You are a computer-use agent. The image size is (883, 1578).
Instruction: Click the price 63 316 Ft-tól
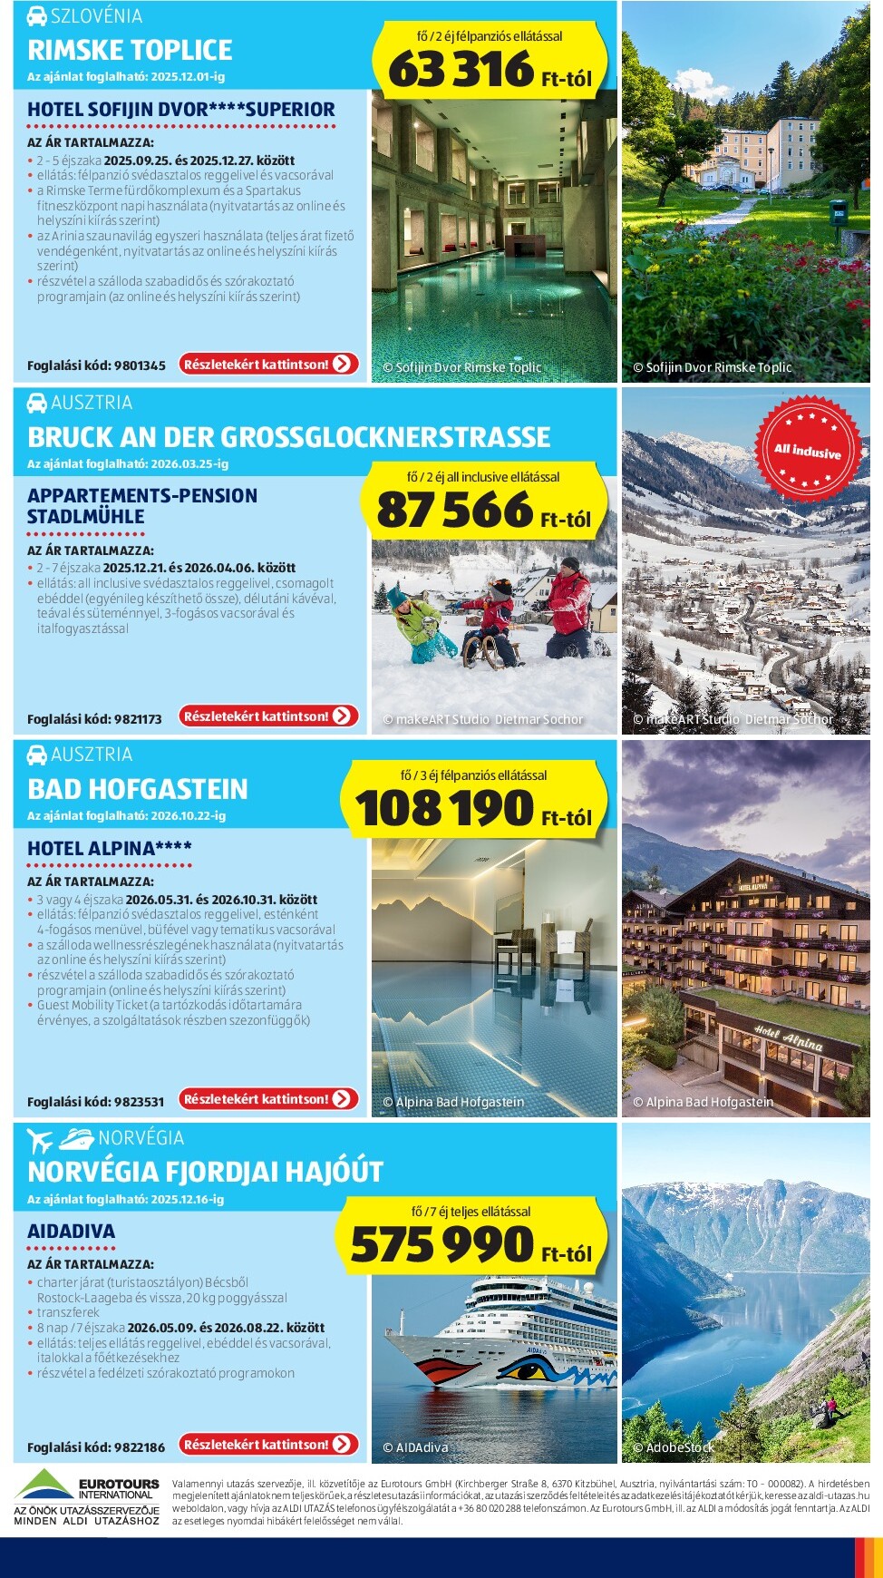(x=490, y=70)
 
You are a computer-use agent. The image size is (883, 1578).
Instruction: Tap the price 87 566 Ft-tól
(x=482, y=511)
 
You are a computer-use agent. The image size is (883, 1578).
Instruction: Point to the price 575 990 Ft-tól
(x=471, y=1245)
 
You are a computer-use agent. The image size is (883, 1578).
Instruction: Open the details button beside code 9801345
(x=268, y=365)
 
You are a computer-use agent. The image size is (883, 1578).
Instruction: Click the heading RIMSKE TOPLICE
(x=130, y=50)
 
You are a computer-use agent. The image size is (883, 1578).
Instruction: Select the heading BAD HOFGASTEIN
(x=137, y=789)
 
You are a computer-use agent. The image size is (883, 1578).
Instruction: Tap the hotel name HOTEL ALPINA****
(x=110, y=849)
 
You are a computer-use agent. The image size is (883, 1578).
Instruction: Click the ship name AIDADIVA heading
(x=71, y=1232)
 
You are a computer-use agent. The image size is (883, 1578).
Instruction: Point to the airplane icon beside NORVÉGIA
(x=40, y=1140)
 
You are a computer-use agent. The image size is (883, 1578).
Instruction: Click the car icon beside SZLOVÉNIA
(x=36, y=16)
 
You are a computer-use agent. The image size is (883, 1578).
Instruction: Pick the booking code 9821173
(x=94, y=719)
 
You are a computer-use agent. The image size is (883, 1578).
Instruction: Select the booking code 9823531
(x=95, y=1102)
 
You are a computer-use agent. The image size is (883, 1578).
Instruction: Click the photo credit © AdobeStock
(x=673, y=1448)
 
